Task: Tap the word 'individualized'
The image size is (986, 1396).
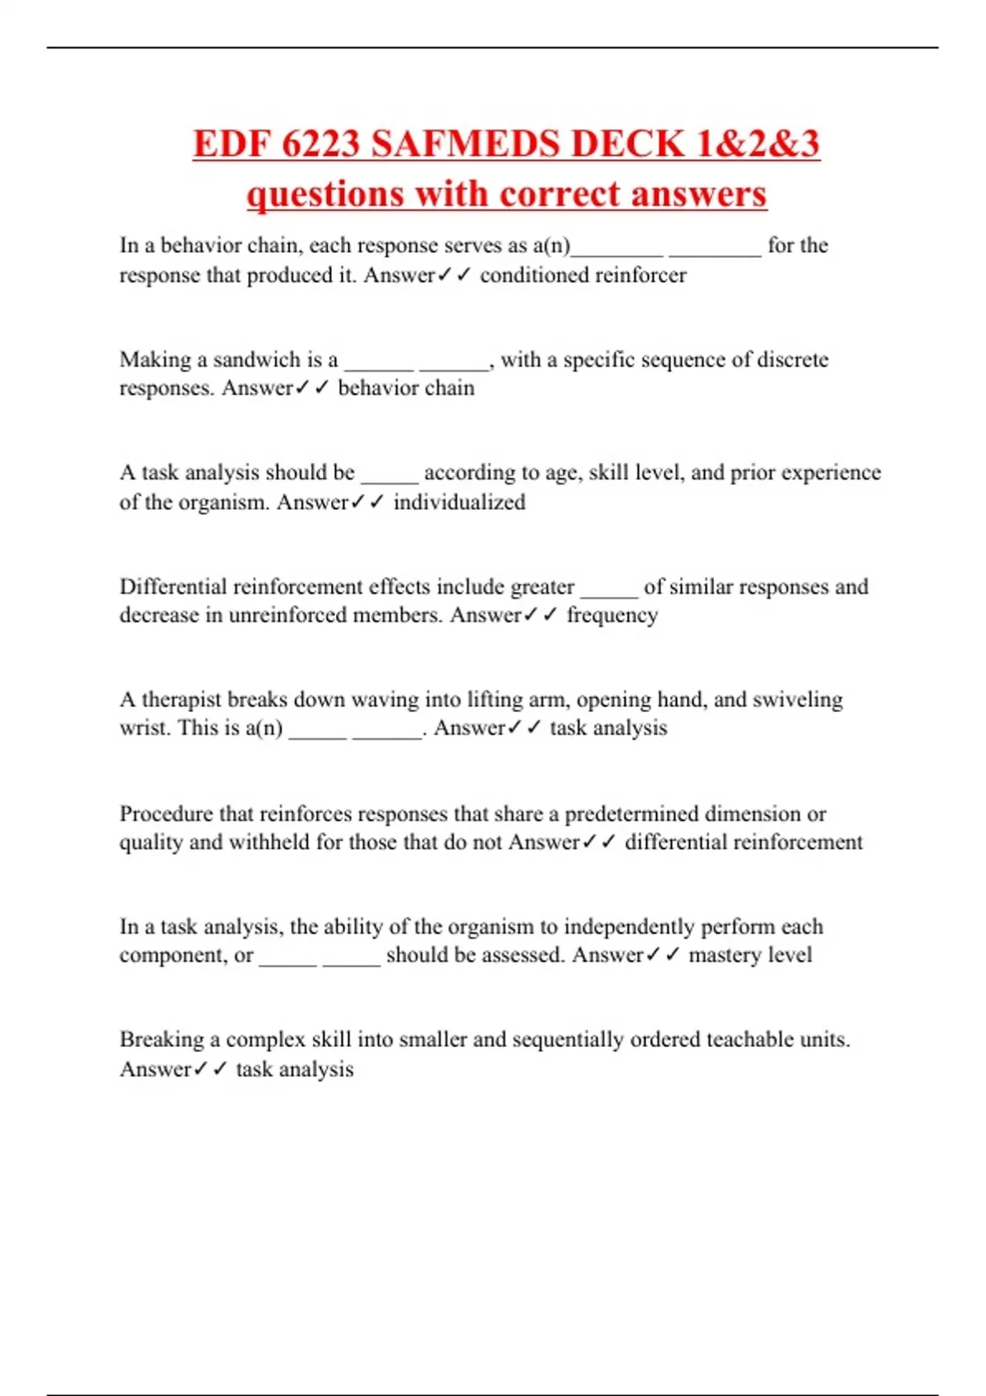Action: (459, 502)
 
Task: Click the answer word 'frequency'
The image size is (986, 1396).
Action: (612, 615)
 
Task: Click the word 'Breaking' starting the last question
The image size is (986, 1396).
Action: (161, 1040)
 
